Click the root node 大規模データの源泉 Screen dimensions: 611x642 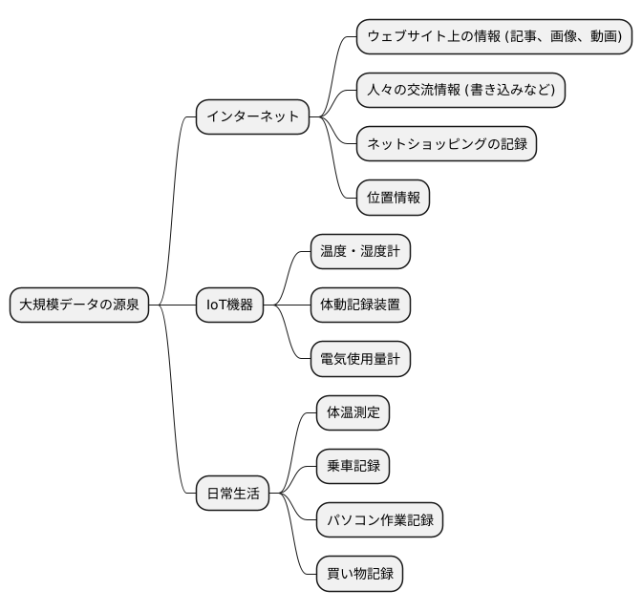79,305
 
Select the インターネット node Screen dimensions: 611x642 253,117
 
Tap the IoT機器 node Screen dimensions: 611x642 230,305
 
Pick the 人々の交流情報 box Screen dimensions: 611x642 460,91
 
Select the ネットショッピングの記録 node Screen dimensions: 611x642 446,145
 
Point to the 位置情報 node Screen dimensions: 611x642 393,199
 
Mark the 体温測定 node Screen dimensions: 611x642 353,412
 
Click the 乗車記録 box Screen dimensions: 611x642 353,467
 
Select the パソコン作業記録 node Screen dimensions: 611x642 380,520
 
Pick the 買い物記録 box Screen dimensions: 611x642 359,575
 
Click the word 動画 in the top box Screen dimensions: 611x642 603,36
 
